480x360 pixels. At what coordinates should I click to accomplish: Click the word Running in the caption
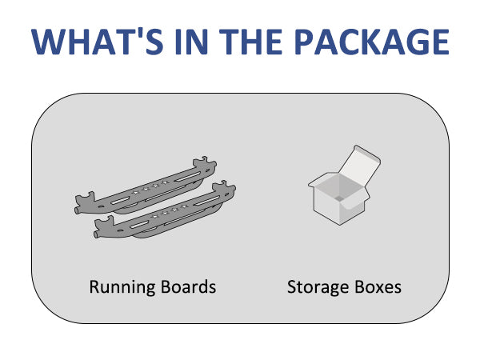tap(119, 286)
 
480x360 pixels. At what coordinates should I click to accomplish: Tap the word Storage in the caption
tap(320, 286)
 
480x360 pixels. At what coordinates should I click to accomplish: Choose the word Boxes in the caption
tap(378, 286)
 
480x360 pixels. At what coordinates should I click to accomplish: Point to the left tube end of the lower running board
tap(97, 235)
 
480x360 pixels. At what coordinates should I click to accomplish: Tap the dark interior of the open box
tap(336, 192)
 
